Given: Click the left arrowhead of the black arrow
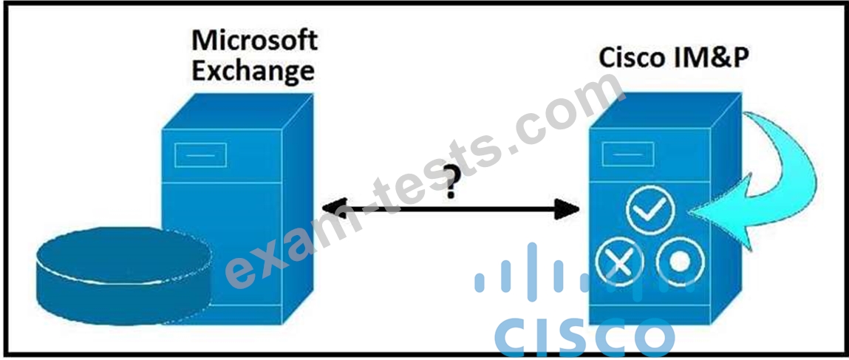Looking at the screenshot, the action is click(334, 208).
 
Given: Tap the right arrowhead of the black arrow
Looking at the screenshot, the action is click(567, 209).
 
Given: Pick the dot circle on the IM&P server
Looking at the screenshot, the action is click(681, 262).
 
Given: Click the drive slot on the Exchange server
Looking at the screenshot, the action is click(200, 155).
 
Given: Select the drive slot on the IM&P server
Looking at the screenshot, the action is click(628, 154).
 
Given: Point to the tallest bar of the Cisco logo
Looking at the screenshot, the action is click(532, 272).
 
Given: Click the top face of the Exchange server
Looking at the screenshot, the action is click(238, 111).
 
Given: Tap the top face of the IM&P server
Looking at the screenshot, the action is click(666, 110).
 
